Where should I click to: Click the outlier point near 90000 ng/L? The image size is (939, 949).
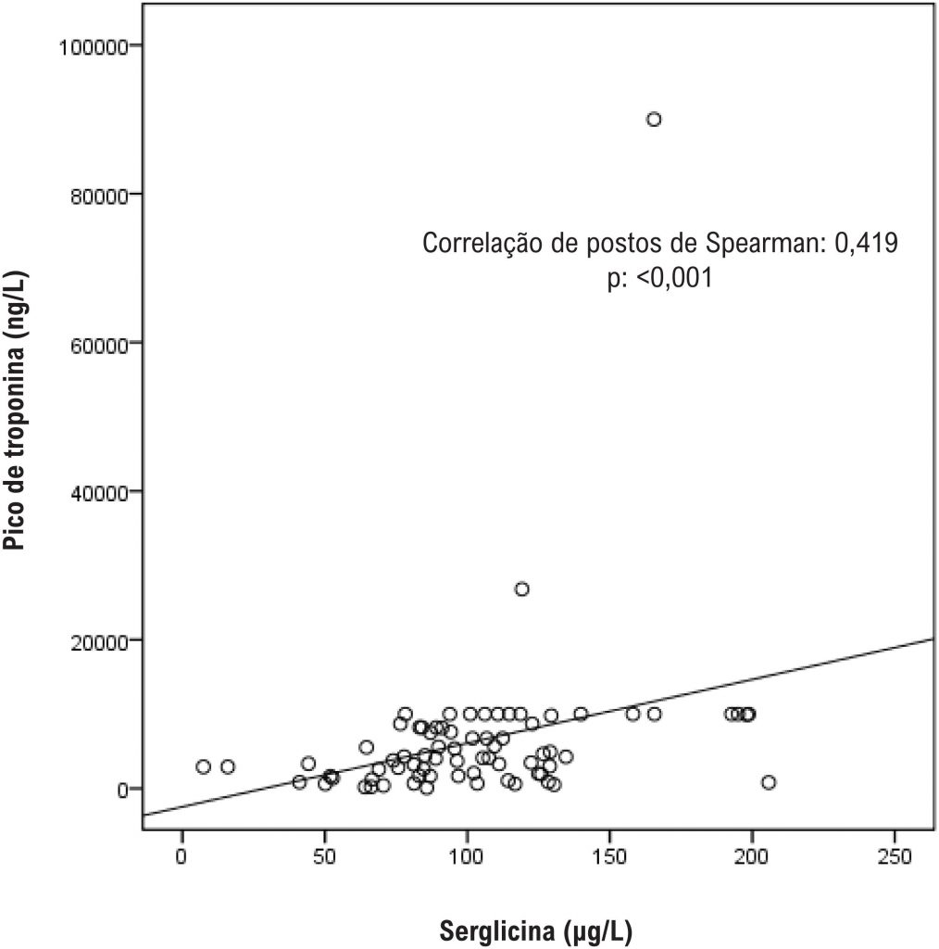[654, 120]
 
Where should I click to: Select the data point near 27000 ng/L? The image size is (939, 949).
[522, 589]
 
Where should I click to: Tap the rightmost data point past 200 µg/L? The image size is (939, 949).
[768, 782]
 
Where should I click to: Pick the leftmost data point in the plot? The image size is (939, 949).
[203, 766]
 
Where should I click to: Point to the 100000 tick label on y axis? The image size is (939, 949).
[93, 45]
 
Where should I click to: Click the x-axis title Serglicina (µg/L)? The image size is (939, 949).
[538, 930]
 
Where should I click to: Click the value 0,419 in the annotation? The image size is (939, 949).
[870, 245]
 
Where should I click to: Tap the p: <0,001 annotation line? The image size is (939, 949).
[660, 278]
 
